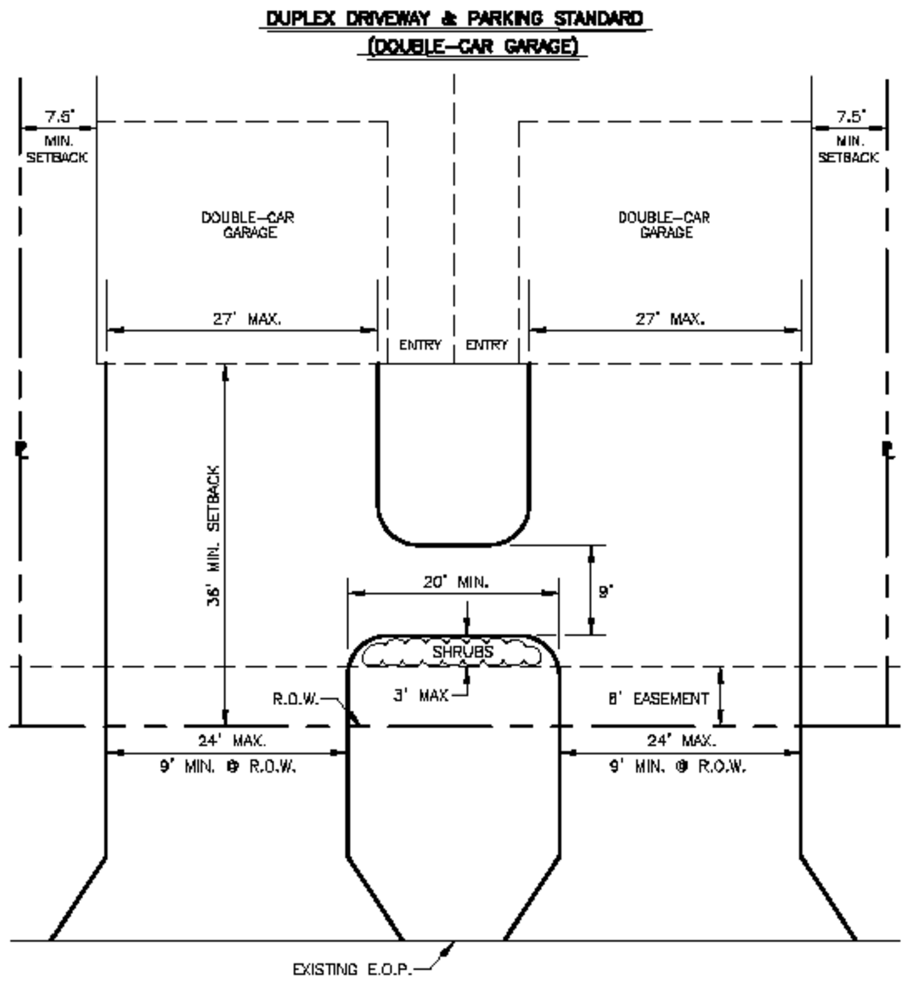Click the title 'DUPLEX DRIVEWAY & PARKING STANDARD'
453,19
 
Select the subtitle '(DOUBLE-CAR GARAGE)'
470,48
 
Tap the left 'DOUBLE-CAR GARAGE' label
249,225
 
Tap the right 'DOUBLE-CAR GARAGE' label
665,225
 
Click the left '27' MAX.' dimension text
246,320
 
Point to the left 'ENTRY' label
420,345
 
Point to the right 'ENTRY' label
487,345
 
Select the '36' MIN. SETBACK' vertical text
214,534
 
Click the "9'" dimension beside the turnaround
605,592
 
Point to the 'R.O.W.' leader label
296,701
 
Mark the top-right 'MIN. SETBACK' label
848,149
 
